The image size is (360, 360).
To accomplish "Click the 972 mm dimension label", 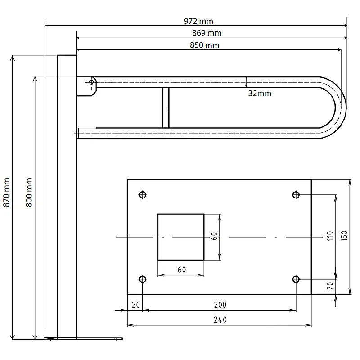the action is pyautogui.click(x=198, y=21).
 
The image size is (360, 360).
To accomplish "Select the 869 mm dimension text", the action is pyautogui.click(x=207, y=33).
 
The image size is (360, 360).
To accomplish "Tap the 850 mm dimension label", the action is pyautogui.click(x=205, y=45).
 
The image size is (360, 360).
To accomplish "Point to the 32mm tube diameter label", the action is pyautogui.click(x=260, y=94).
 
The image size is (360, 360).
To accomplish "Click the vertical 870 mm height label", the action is pyautogui.click(x=6, y=193).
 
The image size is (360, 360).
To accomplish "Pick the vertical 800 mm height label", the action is pyautogui.click(x=29, y=193).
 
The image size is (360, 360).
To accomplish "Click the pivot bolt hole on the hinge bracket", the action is pyautogui.click(x=91, y=82).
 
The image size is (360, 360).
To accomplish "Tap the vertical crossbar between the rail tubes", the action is pyautogui.click(x=166, y=108).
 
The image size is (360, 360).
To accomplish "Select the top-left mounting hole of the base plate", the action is pyautogui.click(x=143, y=195).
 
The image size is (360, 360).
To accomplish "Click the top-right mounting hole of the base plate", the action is pyautogui.click(x=296, y=195).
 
